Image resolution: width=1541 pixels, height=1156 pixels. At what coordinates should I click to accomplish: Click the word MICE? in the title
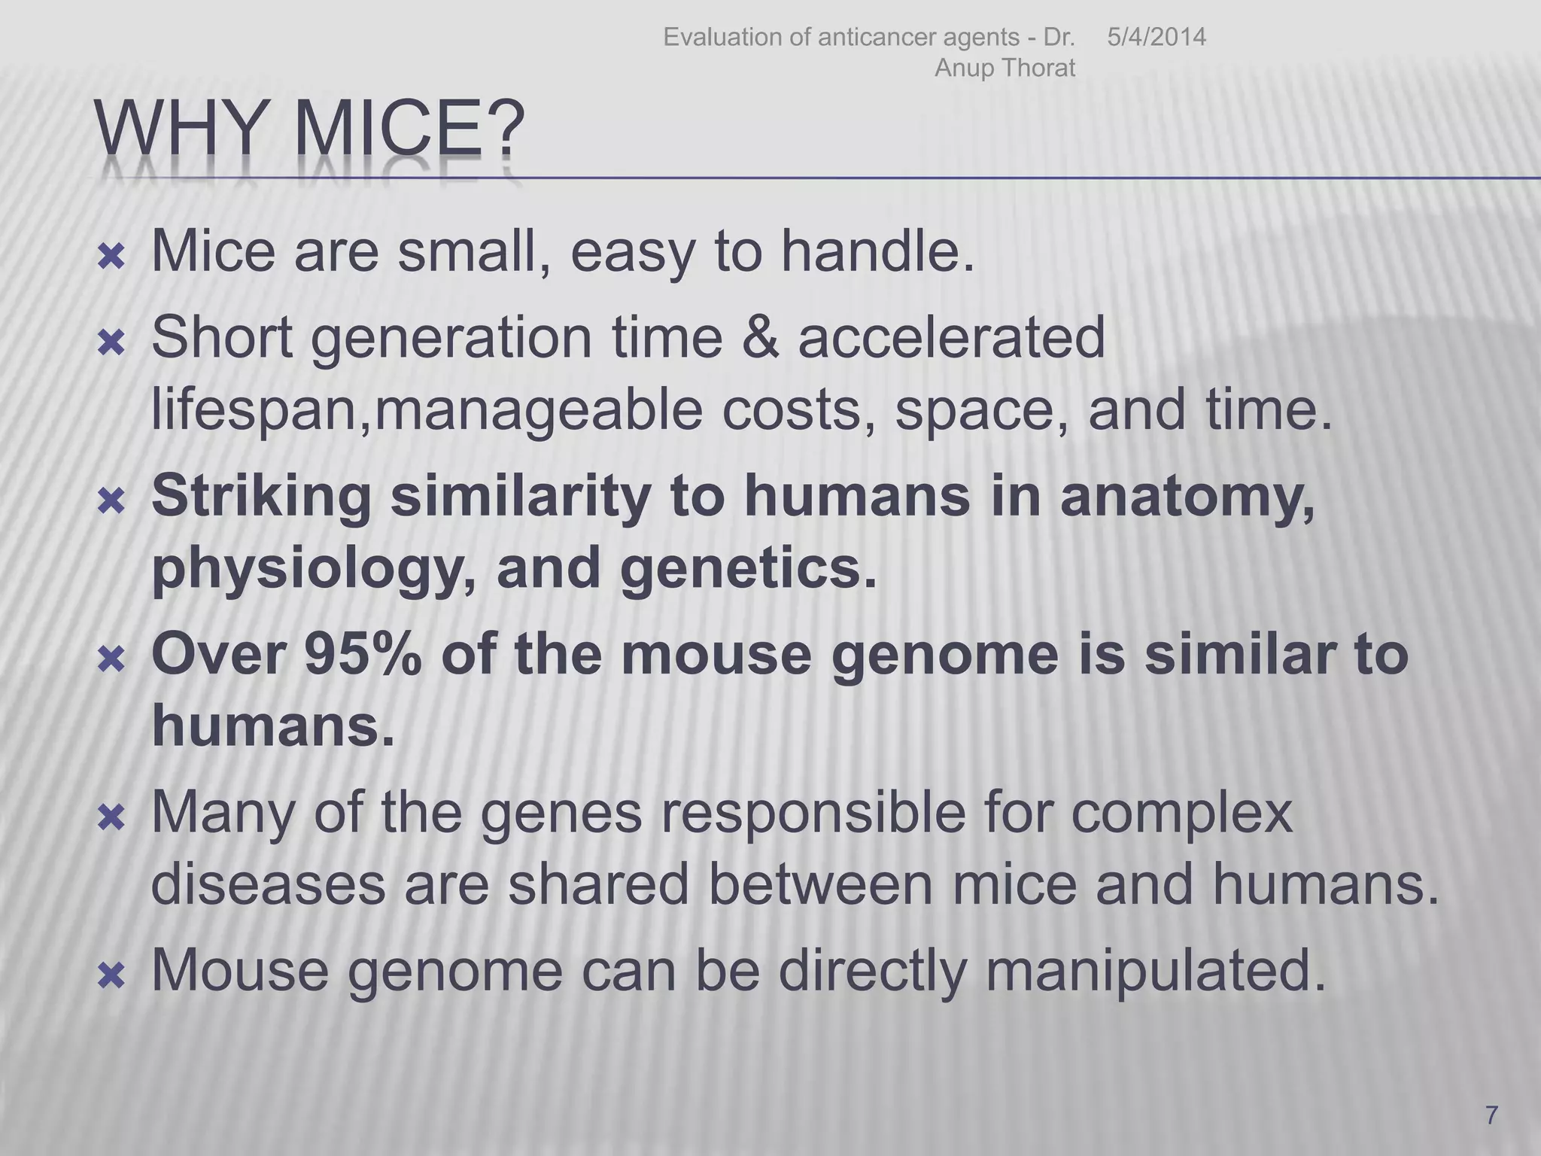(x=409, y=129)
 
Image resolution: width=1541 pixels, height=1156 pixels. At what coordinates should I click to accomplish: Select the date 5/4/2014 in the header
(x=1156, y=37)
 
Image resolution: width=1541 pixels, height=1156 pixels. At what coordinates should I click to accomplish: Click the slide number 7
(x=1491, y=1115)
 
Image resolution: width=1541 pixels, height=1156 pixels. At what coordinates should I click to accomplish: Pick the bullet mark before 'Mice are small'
(x=111, y=258)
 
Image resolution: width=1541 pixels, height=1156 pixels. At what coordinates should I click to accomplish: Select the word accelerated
(x=951, y=337)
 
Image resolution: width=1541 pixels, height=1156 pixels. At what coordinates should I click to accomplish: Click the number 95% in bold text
(x=363, y=654)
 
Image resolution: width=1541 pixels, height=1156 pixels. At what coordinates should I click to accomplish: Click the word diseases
(x=268, y=885)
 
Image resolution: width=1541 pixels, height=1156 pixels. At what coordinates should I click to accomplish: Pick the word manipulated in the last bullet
(x=1154, y=971)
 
